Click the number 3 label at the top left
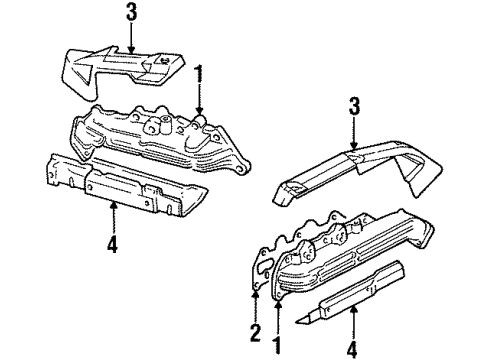pyautogui.click(x=130, y=13)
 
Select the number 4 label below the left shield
pyautogui.click(x=114, y=242)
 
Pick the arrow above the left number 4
pyautogui.click(x=114, y=215)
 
